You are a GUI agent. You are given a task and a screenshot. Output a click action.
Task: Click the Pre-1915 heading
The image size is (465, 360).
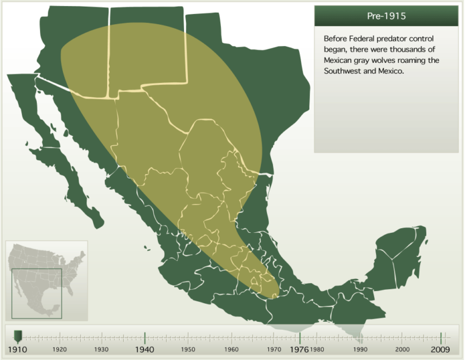[x=386, y=16]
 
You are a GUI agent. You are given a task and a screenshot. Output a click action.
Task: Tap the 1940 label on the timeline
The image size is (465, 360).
[x=145, y=350]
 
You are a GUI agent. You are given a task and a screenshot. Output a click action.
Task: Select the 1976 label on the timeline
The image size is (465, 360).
[x=300, y=350]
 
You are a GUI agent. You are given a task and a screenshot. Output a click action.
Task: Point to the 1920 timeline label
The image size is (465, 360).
[x=59, y=350]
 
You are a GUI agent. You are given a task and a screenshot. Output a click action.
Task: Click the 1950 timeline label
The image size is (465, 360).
[x=188, y=350]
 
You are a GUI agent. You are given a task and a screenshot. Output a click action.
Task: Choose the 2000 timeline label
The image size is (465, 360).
[x=402, y=350]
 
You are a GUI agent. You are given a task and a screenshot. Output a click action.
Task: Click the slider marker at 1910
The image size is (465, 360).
[x=18, y=335]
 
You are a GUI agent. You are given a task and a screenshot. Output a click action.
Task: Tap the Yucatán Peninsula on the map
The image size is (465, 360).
[x=400, y=254]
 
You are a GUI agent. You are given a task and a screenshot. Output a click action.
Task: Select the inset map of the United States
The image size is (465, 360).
[x=47, y=280]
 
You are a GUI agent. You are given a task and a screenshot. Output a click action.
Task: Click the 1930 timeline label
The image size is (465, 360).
[x=102, y=350]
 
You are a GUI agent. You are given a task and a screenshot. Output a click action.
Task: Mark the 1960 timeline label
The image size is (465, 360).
[x=231, y=350]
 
